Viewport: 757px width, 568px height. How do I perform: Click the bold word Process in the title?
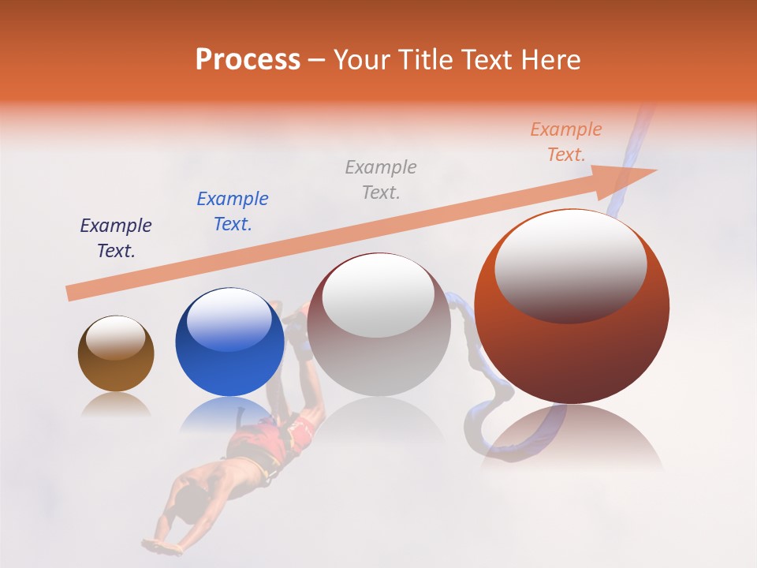[248, 60]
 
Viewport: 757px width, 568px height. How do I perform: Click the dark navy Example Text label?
[116, 238]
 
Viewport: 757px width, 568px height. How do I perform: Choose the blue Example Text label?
[232, 211]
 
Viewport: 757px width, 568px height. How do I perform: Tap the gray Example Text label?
[380, 179]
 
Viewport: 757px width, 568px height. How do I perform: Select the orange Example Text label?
[565, 142]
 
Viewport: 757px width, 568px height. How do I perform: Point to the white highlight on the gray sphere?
[378, 296]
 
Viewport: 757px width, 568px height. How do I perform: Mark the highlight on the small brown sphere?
[115, 338]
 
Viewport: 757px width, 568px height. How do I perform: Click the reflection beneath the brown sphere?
[116, 405]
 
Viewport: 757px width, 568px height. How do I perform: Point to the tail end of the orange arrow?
[71, 293]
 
